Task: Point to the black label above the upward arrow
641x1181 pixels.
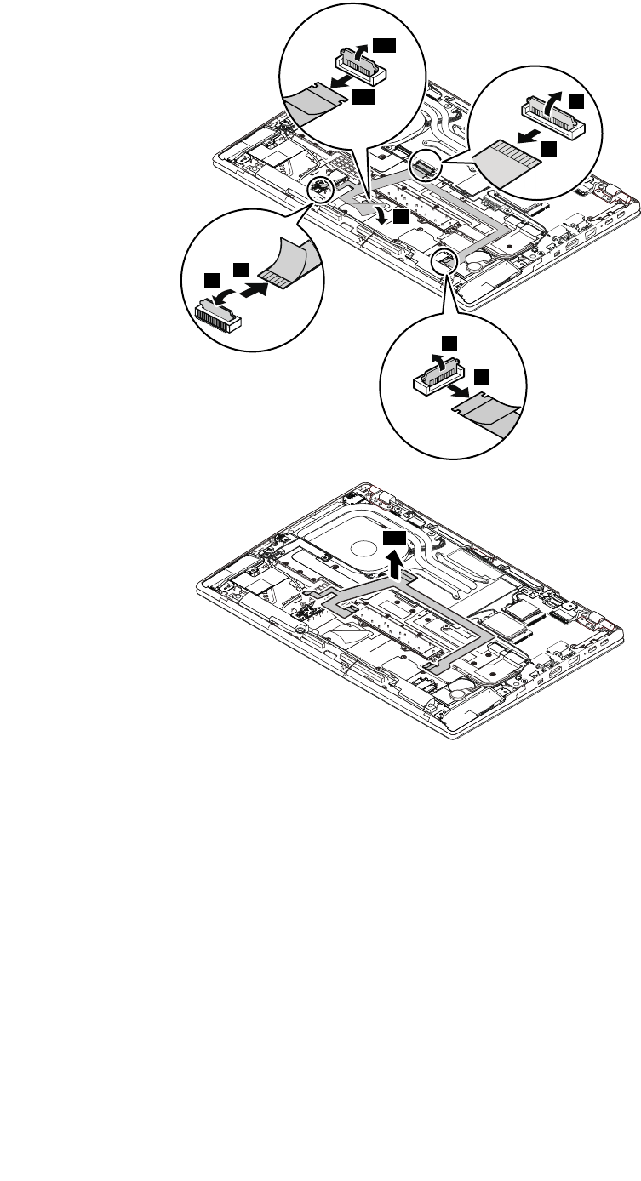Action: tap(394, 540)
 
